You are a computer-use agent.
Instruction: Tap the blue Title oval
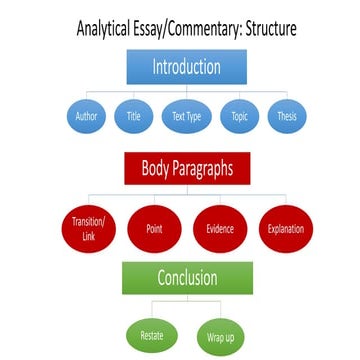click(132, 115)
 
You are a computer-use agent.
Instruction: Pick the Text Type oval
click(181, 115)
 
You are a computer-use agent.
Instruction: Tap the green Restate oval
click(150, 331)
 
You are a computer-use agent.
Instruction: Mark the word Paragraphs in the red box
click(199, 167)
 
